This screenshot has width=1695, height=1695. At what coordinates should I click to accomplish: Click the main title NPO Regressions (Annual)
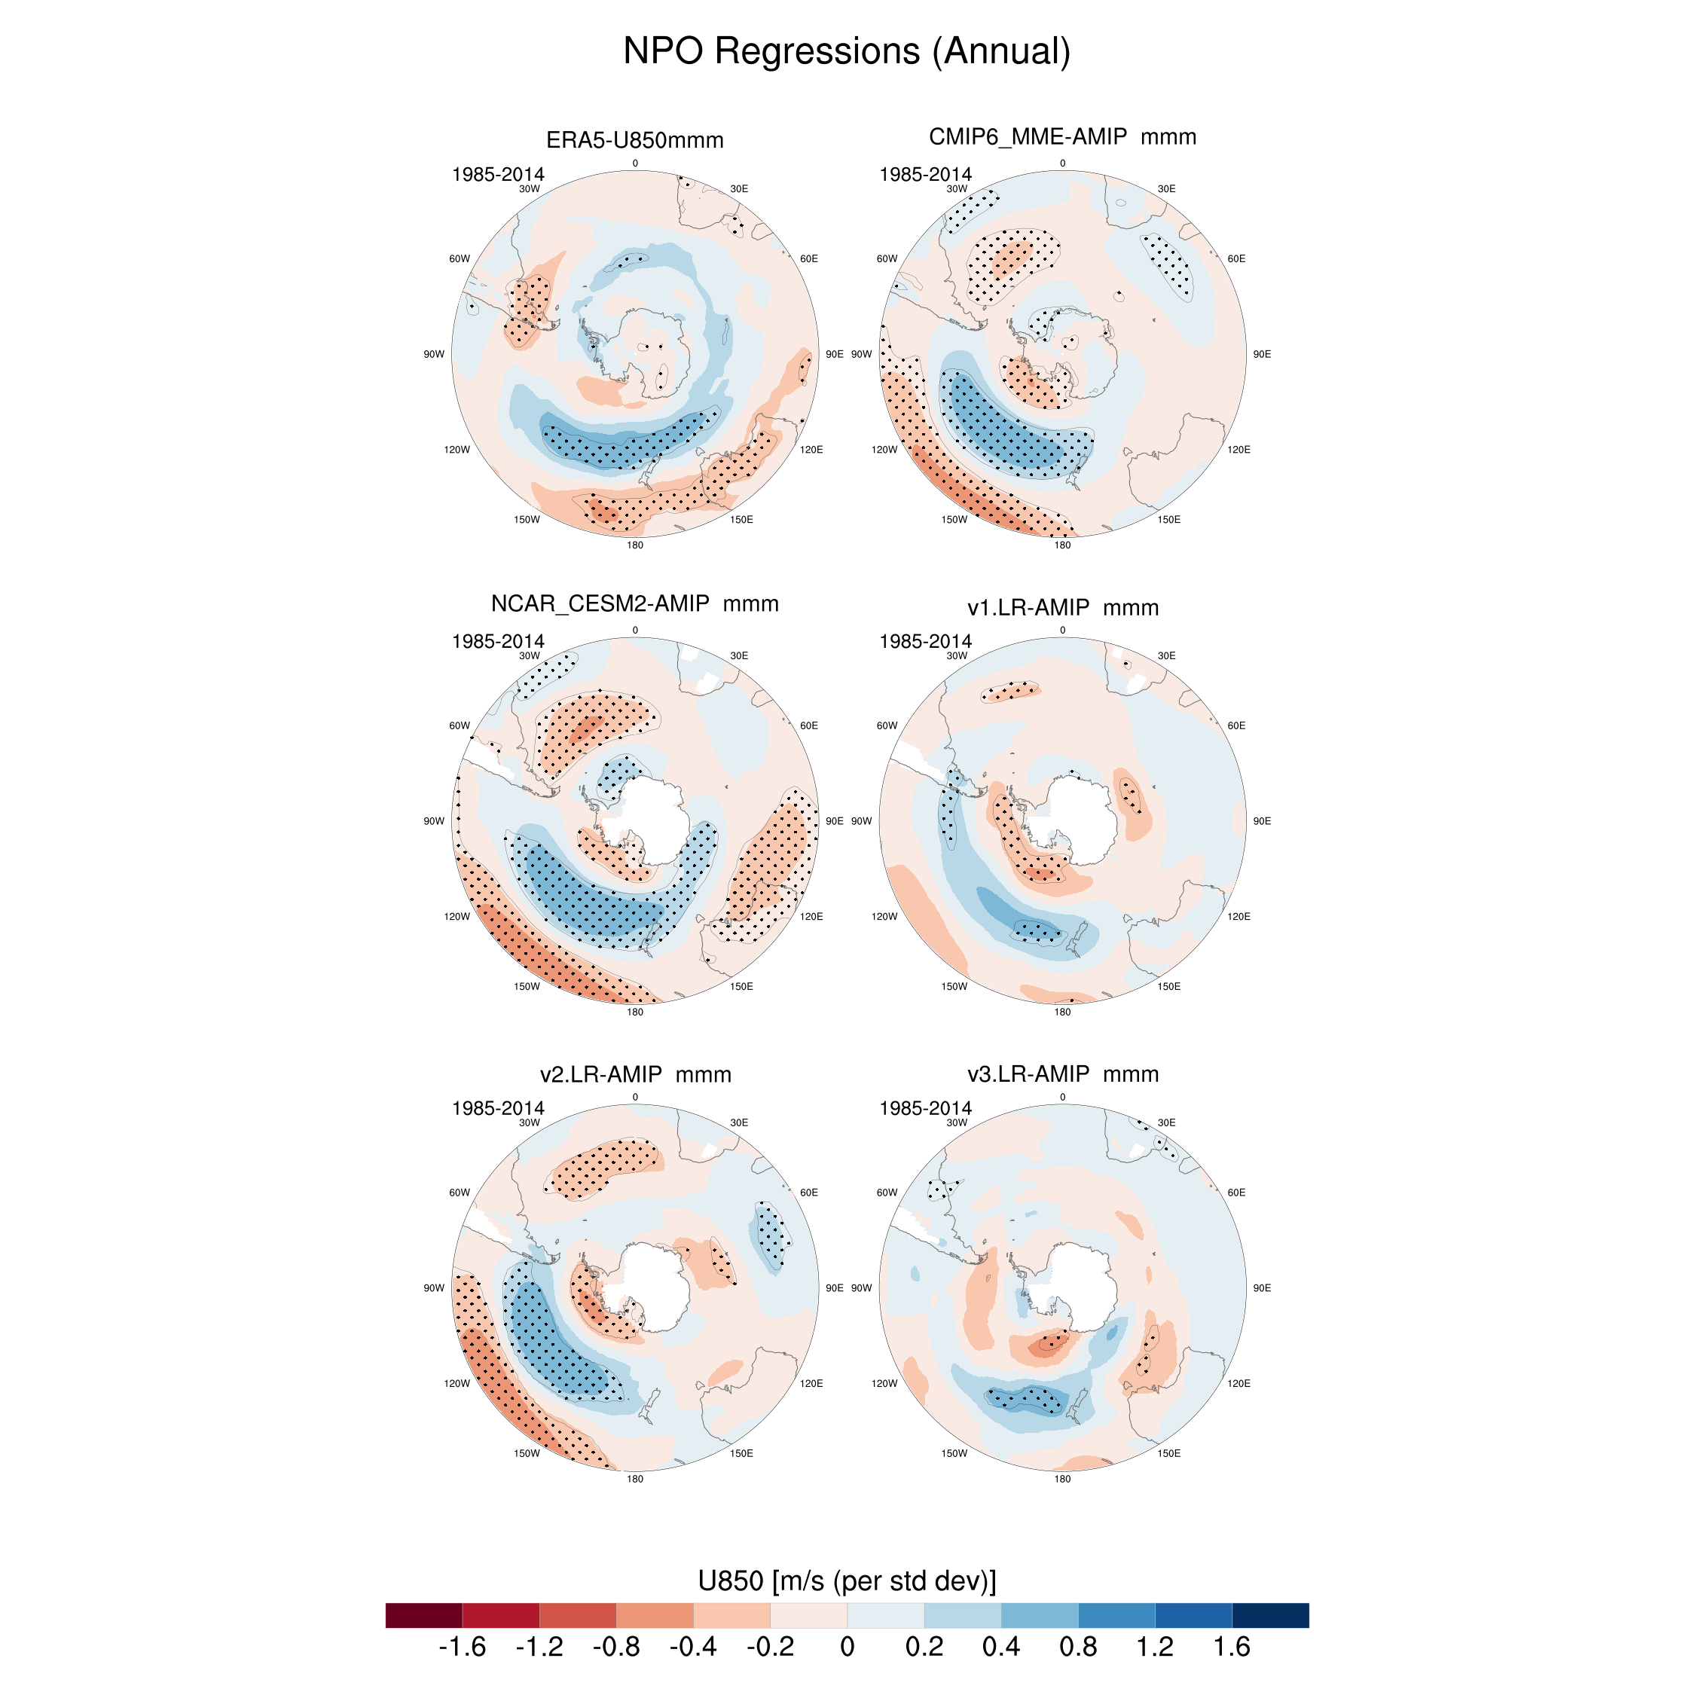[x=847, y=51]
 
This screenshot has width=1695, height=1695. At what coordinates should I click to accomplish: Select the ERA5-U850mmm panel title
[x=634, y=140]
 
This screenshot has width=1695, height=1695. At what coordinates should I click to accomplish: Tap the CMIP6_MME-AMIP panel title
[x=1061, y=137]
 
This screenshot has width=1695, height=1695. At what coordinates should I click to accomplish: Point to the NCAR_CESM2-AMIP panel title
[x=634, y=603]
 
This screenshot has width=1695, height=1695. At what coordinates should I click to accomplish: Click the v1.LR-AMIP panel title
[x=1062, y=607]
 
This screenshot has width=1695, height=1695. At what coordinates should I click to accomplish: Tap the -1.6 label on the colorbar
[x=462, y=1646]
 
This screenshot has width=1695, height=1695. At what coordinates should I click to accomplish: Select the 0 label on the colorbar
[x=847, y=1646]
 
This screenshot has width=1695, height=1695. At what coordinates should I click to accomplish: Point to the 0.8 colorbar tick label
[x=1077, y=1646]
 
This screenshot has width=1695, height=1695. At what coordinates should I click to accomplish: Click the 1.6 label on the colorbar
[x=1232, y=1646]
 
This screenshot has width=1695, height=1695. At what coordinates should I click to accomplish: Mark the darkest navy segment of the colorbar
[x=1270, y=1615]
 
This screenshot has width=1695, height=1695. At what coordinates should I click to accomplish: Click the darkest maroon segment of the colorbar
[x=423, y=1615]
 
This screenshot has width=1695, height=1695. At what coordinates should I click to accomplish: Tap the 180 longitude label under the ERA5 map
[x=634, y=545]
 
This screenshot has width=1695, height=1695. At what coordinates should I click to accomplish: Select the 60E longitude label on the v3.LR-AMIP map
[x=1235, y=1193]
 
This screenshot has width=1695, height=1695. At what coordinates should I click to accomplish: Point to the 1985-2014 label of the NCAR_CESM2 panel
[x=497, y=641]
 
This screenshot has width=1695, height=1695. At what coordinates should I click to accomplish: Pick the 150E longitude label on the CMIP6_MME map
[x=1168, y=519]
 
